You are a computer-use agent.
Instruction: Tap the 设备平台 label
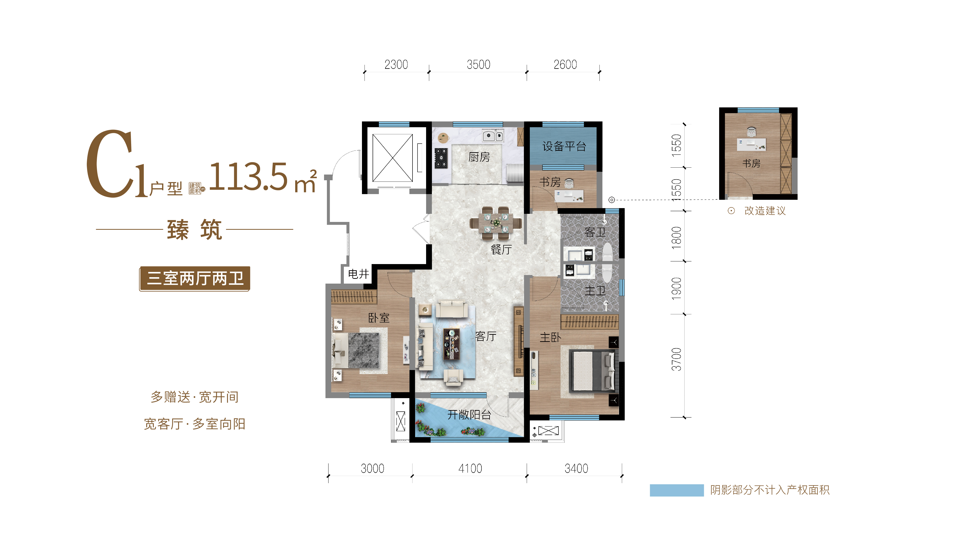coord(564,146)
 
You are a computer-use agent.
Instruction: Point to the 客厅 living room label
coord(486,336)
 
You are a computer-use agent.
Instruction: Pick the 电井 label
coord(358,274)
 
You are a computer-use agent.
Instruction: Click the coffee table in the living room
coord(451,344)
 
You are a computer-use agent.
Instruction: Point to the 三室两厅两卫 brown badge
coord(195,279)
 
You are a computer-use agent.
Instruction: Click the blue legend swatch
coord(677,490)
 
